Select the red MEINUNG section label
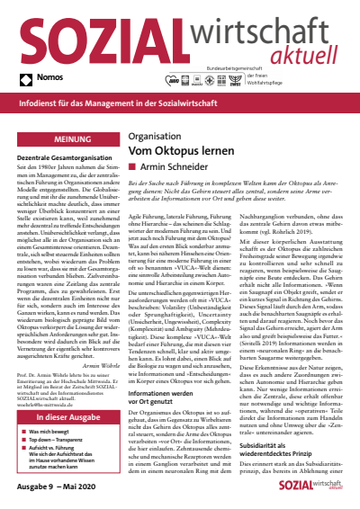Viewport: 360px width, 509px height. click(x=62, y=141)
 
